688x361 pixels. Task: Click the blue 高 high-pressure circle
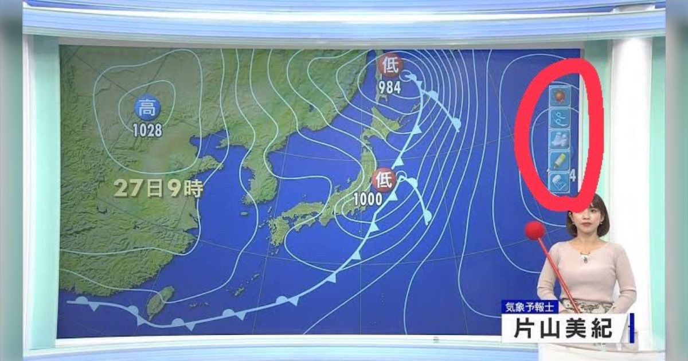[x=148, y=107]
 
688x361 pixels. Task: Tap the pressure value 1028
[x=147, y=130]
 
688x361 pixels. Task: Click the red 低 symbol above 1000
[x=383, y=180]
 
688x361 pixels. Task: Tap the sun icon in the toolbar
[x=558, y=97]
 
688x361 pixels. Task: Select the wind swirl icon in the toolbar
[x=558, y=119]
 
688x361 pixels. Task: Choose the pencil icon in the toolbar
[x=558, y=160]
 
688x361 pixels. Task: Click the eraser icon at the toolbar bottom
[x=558, y=182]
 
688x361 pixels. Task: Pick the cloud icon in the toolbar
[x=558, y=139]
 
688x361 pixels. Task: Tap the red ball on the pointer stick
[x=534, y=231]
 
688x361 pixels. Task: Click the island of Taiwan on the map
[x=159, y=301]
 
